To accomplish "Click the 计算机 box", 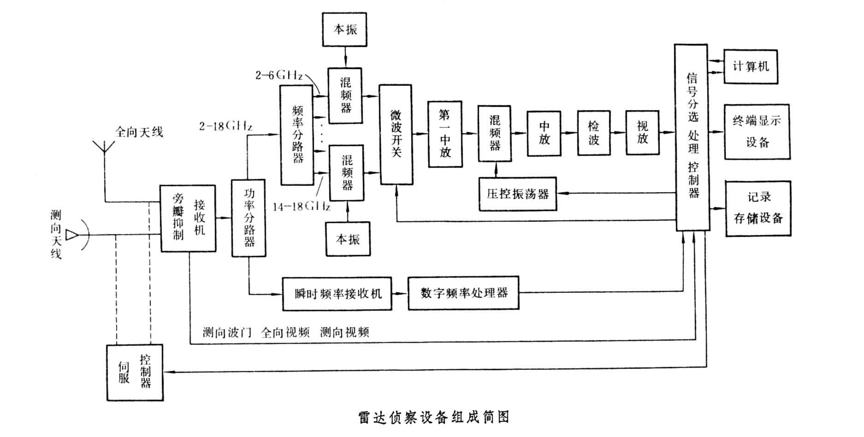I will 751,67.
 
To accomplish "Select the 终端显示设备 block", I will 757,132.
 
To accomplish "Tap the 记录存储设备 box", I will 758,208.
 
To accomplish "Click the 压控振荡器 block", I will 517,194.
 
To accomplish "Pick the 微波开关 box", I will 396,134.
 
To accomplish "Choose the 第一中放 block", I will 445,134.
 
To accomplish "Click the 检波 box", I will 594,133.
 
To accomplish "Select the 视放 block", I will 642,133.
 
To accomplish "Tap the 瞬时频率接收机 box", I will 337,293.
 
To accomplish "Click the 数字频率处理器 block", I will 463,293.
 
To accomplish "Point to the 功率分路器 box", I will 249,218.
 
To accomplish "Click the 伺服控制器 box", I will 135,372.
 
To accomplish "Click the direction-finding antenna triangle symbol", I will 72,235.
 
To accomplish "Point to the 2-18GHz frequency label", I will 225,126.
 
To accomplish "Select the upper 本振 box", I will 345,30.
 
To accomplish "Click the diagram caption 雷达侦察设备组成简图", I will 434,417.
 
